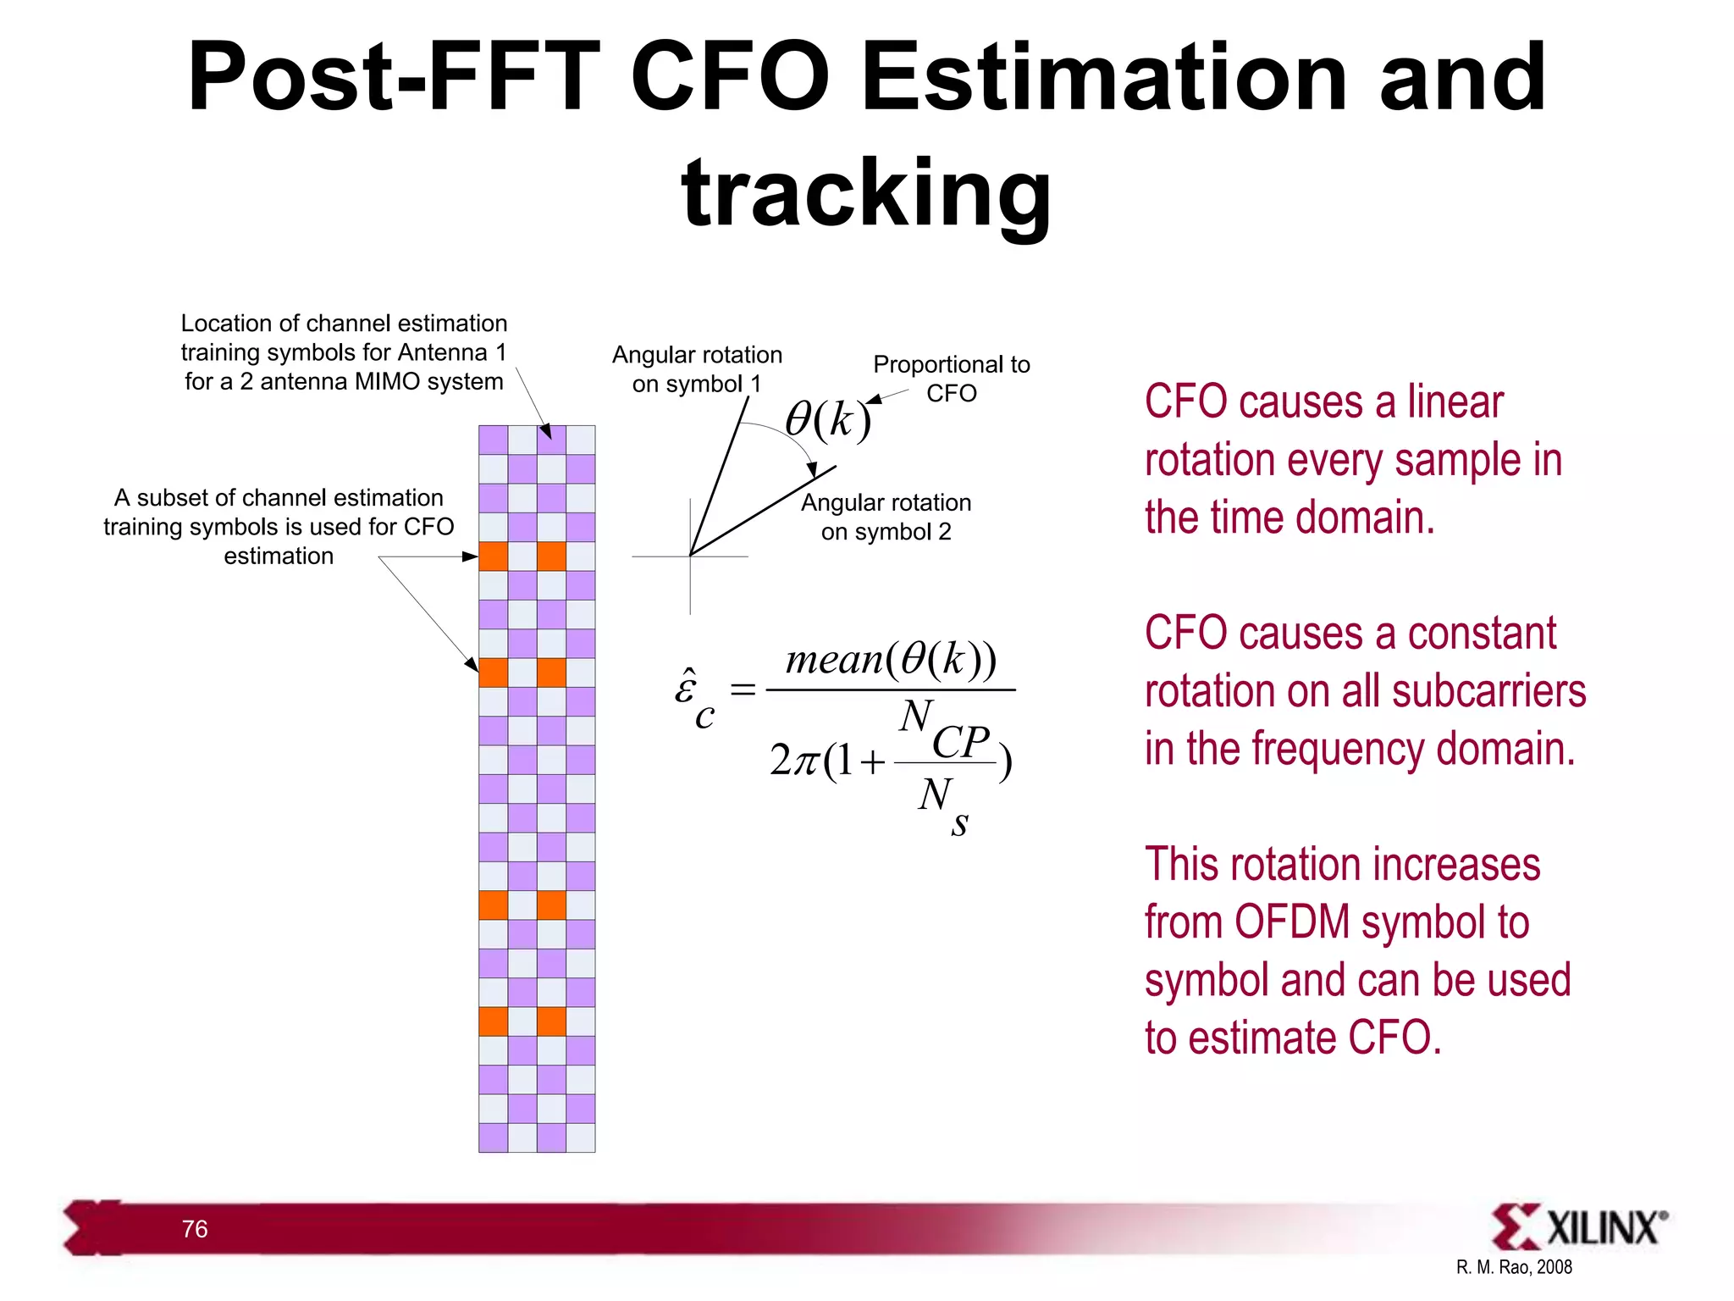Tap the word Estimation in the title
coord(1103,78)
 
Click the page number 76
coord(195,1229)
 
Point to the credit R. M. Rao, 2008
coord(1514,1267)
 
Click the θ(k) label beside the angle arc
coord(827,419)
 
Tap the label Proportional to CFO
coord(952,379)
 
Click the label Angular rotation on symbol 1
coord(697,369)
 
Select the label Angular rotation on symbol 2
coord(886,517)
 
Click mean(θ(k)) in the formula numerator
coord(891,659)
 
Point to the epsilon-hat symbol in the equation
coord(688,686)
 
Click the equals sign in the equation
coord(743,690)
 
